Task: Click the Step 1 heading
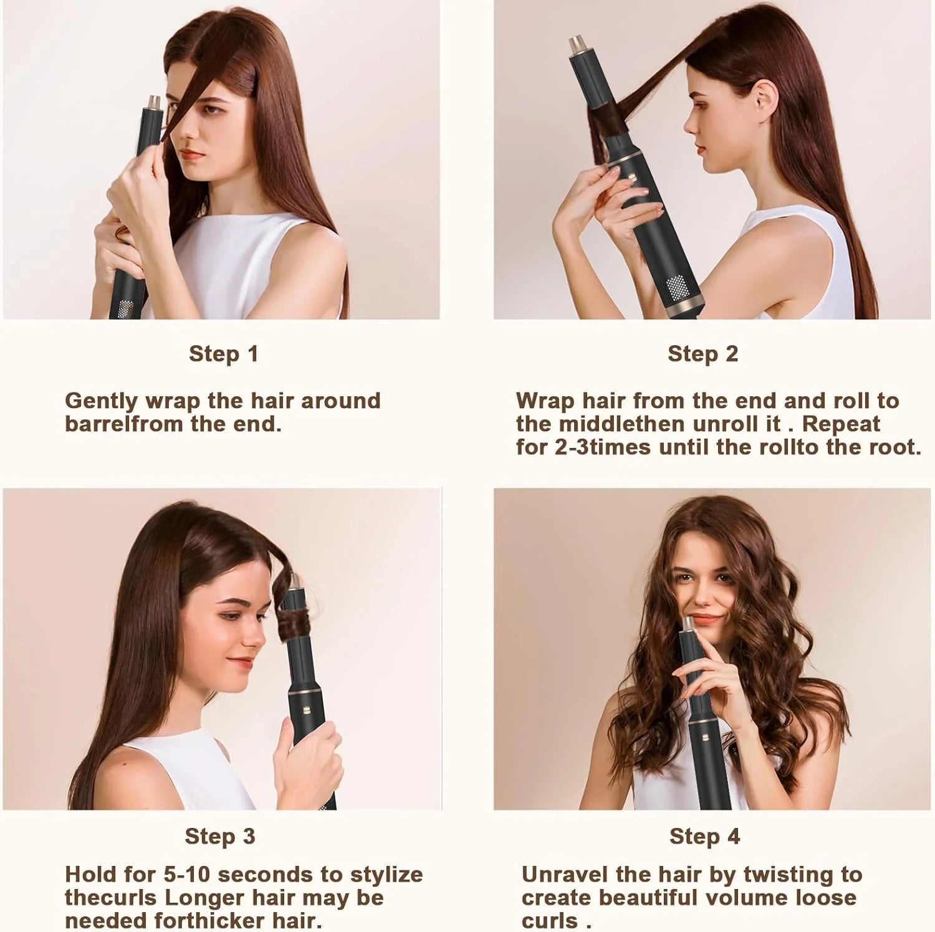click(223, 354)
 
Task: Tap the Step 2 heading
click(702, 354)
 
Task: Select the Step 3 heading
click(220, 836)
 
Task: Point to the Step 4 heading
click(704, 836)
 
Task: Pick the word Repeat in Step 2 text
click(841, 424)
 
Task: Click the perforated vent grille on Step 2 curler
click(678, 288)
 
